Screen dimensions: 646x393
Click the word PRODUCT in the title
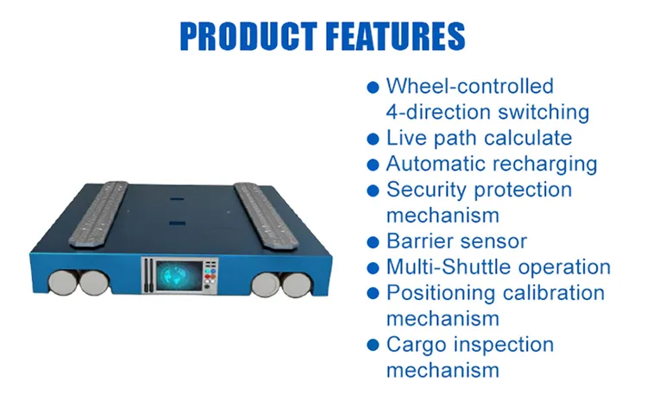248,36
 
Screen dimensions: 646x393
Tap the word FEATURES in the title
396,36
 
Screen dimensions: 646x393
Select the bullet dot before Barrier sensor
373,242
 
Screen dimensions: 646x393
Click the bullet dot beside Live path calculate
373,139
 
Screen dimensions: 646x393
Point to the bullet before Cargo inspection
373,345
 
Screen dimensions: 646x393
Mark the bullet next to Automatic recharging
373,165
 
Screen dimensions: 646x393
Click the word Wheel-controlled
470,86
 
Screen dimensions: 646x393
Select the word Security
427,190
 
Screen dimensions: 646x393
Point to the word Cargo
416,346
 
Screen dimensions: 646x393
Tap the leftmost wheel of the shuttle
64,283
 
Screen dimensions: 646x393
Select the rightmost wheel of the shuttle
296,284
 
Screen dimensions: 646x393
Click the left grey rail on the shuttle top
99,214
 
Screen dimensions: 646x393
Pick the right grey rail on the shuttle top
266,215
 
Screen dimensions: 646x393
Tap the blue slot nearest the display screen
177,223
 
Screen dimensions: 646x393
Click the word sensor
499,241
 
